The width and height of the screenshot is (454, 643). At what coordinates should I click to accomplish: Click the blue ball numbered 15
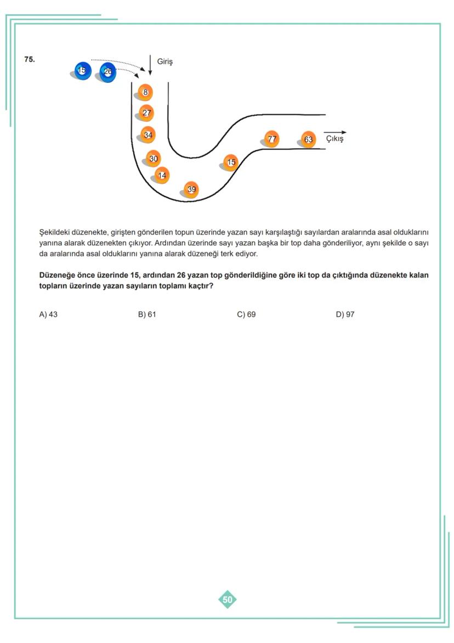(82, 71)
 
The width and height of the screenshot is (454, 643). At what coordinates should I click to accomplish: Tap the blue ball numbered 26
(107, 72)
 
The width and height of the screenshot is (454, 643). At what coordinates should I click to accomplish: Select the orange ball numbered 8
(146, 92)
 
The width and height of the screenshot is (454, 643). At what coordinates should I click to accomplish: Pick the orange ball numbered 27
(146, 113)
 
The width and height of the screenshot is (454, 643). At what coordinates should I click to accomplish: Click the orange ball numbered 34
(147, 135)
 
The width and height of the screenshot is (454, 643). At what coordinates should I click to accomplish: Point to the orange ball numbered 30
(154, 159)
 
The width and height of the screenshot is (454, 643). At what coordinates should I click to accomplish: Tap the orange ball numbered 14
(162, 175)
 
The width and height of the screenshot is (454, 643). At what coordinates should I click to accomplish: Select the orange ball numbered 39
(191, 189)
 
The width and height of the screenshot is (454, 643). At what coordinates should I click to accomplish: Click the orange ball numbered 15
(231, 162)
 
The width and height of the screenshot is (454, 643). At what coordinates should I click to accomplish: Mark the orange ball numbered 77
(271, 139)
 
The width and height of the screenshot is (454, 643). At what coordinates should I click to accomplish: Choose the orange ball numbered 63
(308, 139)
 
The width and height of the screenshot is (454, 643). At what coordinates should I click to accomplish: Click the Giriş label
(164, 62)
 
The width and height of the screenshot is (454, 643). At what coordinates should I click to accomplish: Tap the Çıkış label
(334, 139)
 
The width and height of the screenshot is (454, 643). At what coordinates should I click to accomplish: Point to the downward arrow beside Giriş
(150, 64)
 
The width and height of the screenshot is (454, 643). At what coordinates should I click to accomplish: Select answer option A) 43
(48, 315)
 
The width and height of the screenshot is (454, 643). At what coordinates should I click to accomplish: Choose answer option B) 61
(147, 315)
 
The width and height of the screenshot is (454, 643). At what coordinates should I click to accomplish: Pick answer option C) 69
(246, 315)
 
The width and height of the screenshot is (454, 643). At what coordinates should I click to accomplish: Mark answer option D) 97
(345, 315)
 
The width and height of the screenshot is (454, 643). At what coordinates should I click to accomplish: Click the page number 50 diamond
(228, 600)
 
